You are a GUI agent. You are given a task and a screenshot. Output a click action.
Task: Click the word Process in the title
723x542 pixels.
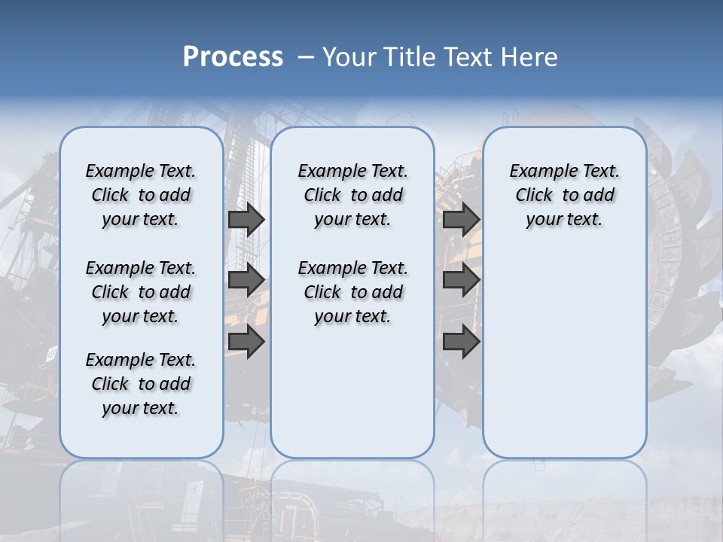233,57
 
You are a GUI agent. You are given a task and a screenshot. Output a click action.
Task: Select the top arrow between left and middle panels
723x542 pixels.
246,219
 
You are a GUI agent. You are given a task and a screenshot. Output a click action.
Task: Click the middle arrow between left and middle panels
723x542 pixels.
246,280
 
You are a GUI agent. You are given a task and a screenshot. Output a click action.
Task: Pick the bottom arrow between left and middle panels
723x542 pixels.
246,341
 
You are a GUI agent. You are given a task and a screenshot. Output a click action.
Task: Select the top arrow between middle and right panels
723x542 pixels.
461,219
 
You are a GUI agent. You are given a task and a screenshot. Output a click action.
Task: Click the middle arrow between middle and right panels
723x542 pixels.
461,280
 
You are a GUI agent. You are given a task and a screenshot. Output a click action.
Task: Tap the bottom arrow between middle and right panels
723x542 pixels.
461,341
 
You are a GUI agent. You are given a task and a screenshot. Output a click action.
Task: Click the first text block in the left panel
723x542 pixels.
141,195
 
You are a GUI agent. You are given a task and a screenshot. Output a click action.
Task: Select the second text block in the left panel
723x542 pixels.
141,292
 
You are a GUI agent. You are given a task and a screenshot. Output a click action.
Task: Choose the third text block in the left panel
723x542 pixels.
141,384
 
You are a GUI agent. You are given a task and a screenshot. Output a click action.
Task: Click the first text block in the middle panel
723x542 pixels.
352,195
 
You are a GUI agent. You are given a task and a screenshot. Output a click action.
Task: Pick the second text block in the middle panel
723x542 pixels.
352,292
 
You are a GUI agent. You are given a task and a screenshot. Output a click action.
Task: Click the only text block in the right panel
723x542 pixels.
565,195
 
